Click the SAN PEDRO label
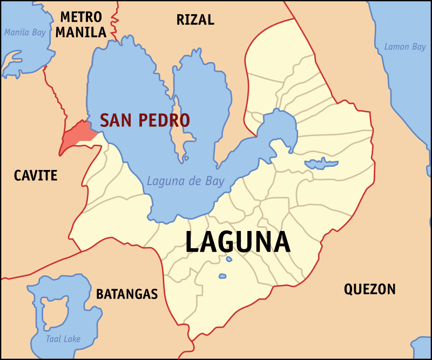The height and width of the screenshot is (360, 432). coord(145,120)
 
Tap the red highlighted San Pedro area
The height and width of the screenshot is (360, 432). coord(76,135)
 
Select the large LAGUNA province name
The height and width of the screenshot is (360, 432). coord(238,242)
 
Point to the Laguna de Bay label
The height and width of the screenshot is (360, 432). coord(185,181)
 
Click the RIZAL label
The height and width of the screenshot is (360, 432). coord(195,20)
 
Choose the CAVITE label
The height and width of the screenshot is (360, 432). coord(36,175)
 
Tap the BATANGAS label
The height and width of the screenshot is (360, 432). coord(127,294)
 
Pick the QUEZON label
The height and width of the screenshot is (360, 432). coord(370,289)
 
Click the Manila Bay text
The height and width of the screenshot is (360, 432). coord(25,32)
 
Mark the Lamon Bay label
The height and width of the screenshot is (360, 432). coord(404,47)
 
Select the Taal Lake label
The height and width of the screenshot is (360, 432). coord(63,339)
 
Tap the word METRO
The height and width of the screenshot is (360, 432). coord(82,16)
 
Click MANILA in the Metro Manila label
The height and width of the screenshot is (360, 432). coord(81,32)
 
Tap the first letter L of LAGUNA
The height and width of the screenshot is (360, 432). coord(193,242)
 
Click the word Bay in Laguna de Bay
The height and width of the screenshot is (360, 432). coord(214,181)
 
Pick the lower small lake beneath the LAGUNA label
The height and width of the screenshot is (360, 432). coord(222,276)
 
